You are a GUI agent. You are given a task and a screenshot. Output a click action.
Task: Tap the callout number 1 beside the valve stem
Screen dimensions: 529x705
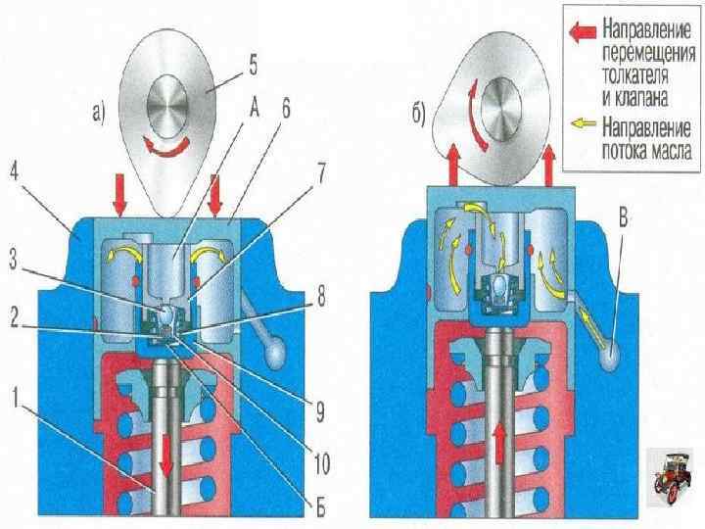pos(14,397)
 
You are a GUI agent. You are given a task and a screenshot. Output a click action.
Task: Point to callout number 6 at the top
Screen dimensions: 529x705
pos(283,111)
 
